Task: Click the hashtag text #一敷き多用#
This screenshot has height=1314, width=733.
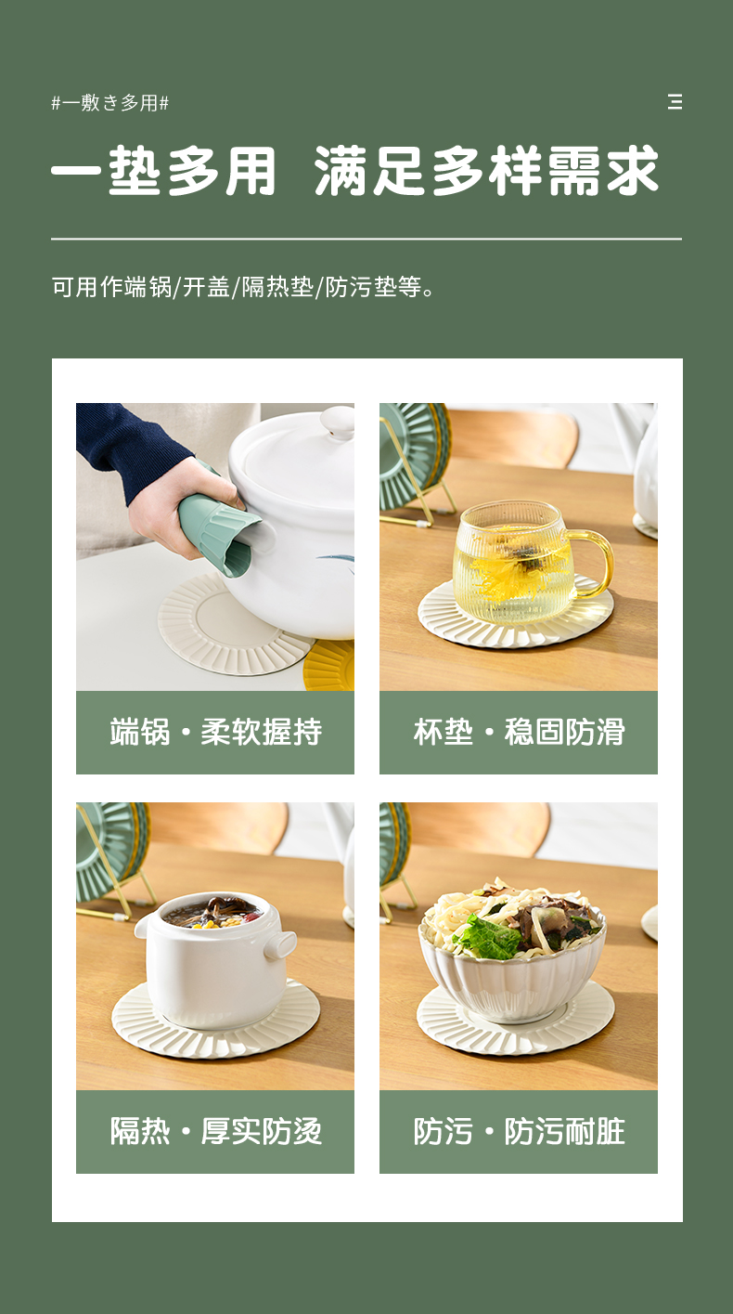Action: [x=110, y=103]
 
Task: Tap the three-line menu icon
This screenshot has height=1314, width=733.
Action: [x=675, y=102]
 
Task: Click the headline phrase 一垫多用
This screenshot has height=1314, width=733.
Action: [x=163, y=171]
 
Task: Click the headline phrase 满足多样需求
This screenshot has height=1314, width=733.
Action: [x=486, y=171]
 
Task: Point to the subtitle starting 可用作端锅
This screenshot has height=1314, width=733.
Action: [x=244, y=288]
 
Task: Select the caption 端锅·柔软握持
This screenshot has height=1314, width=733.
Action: [x=215, y=732]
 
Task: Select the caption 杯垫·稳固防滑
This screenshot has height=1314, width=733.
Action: [x=520, y=732]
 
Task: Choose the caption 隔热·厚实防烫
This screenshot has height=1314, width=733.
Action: [x=215, y=1132]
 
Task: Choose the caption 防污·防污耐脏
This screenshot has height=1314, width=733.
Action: [x=520, y=1132]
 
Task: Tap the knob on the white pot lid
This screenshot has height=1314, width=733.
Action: [x=338, y=423]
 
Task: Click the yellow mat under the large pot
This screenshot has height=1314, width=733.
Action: [x=331, y=667]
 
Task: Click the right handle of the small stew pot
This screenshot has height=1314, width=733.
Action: [x=280, y=945]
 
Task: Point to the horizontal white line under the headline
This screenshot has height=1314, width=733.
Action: [x=366, y=239]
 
